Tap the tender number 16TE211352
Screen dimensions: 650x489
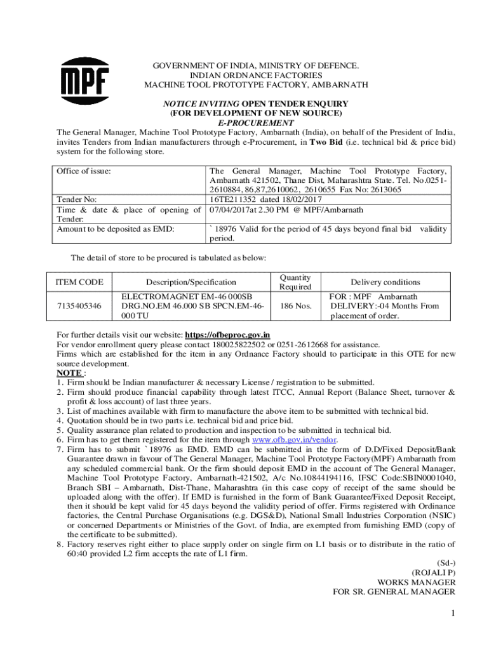point(238,199)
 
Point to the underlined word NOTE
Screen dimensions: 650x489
point(68,373)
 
